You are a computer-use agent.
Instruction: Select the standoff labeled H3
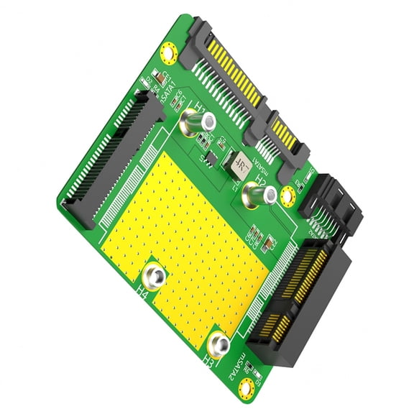(219, 343)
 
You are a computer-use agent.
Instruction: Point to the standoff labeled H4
(155, 275)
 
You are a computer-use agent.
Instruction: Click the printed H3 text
(208, 356)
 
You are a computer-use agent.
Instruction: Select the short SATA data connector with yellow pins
(284, 138)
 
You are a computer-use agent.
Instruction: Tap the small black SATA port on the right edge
(334, 205)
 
